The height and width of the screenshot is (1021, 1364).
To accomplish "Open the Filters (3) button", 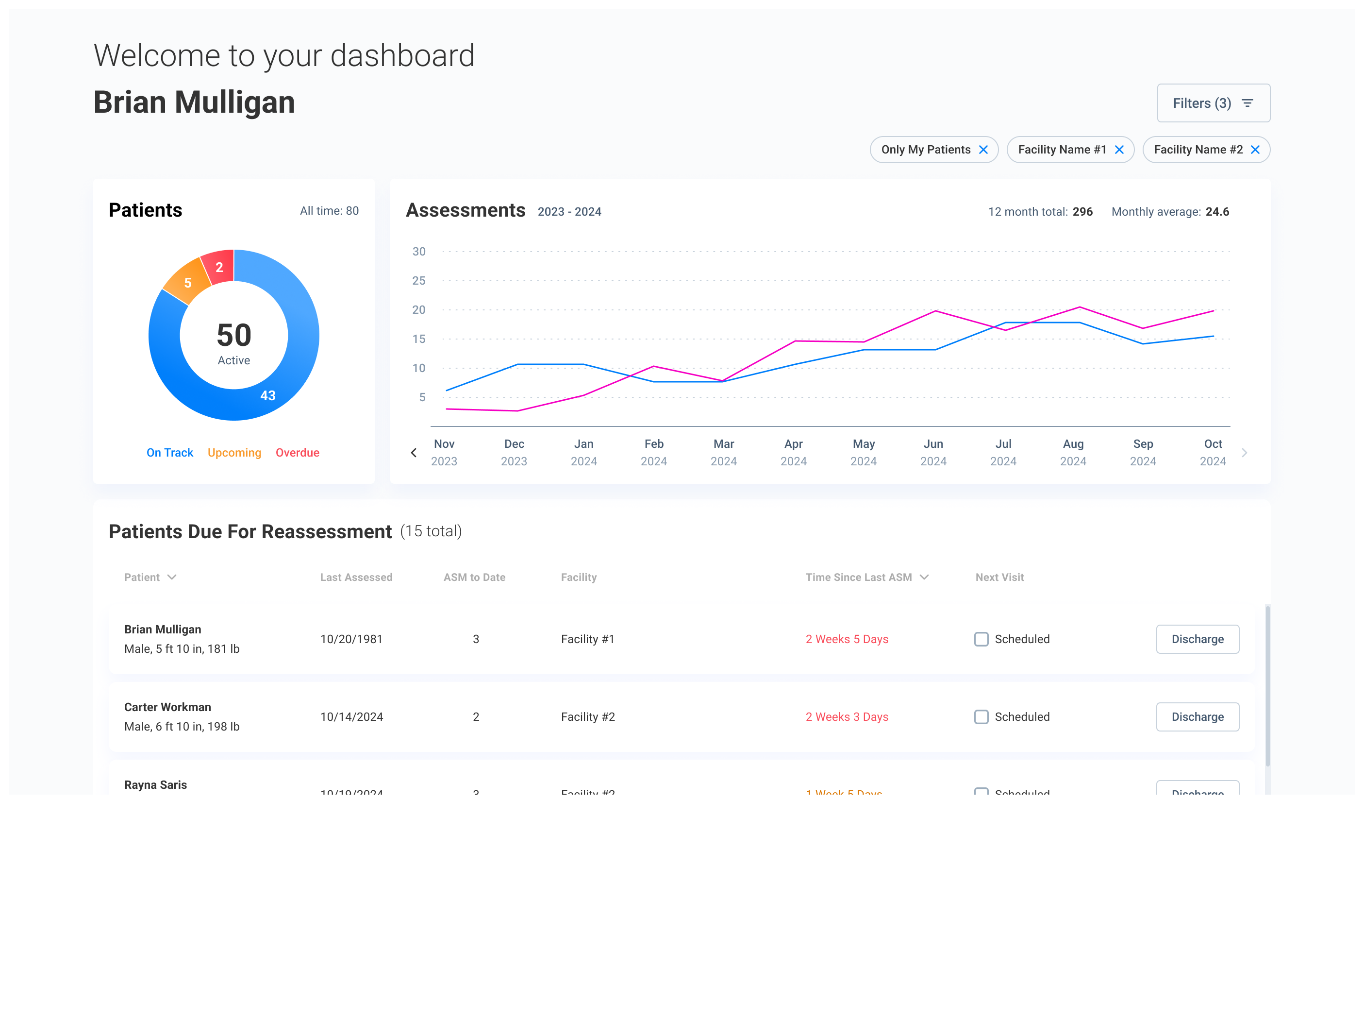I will [x=1213, y=103].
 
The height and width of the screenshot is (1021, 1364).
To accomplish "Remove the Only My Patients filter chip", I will [x=983, y=150].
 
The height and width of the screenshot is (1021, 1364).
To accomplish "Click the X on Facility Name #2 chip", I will [x=1255, y=150].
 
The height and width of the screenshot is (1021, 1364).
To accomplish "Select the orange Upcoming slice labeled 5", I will [x=187, y=283].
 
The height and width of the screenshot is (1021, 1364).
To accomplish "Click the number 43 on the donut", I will [x=267, y=396].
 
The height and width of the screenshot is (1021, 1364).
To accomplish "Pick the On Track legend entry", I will [x=169, y=453].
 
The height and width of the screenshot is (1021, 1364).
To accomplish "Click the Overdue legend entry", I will [x=297, y=453].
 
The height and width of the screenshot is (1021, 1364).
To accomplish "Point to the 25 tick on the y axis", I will [x=419, y=281].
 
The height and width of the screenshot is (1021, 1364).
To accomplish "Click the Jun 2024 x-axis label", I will [x=933, y=452].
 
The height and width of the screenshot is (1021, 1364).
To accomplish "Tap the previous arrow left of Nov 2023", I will [x=414, y=453].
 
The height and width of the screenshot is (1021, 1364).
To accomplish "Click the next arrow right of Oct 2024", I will [x=1245, y=453].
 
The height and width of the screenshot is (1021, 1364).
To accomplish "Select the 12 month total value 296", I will [x=1082, y=212].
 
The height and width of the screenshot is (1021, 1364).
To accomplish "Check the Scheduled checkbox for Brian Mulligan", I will [x=981, y=639].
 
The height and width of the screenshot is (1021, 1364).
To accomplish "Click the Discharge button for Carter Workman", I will [x=1197, y=717].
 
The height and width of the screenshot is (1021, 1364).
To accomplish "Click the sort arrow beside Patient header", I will [x=172, y=578].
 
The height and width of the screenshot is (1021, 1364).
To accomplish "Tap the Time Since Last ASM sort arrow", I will [x=924, y=578].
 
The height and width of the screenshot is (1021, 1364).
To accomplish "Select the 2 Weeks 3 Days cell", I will [x=847, y=717].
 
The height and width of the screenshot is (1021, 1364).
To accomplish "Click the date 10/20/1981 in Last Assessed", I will [x=351, y=639].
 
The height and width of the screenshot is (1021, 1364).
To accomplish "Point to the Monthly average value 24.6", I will [x=1217, y=212].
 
